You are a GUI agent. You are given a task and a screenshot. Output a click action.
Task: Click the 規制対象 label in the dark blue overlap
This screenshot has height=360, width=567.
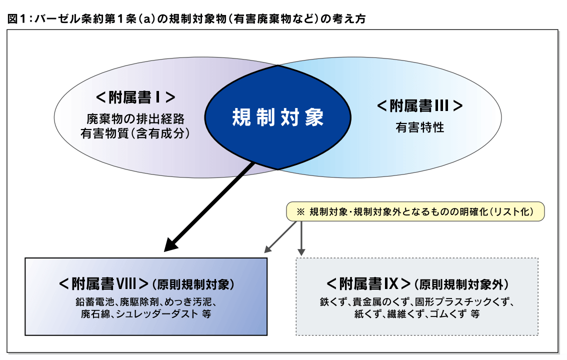point(278,118)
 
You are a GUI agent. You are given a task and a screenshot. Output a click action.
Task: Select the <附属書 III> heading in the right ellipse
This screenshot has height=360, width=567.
point(419,106)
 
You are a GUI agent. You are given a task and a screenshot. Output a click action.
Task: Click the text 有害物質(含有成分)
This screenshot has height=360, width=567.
point(135,133)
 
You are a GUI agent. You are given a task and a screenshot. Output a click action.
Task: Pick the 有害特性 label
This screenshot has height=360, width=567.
point(419,127)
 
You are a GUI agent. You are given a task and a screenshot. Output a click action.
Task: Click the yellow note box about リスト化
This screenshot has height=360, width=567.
point(414,211)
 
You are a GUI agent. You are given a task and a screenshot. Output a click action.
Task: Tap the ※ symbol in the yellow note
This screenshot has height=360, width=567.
point(300,211)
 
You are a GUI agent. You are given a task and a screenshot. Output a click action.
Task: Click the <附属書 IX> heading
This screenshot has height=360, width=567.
point(369,283)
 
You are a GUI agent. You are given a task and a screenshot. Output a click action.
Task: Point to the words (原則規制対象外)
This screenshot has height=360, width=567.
point(461,284)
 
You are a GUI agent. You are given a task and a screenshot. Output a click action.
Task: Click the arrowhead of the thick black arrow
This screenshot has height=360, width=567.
point(172,245)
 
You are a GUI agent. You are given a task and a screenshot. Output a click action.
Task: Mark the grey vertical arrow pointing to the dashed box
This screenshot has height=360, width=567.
point(301,237)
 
